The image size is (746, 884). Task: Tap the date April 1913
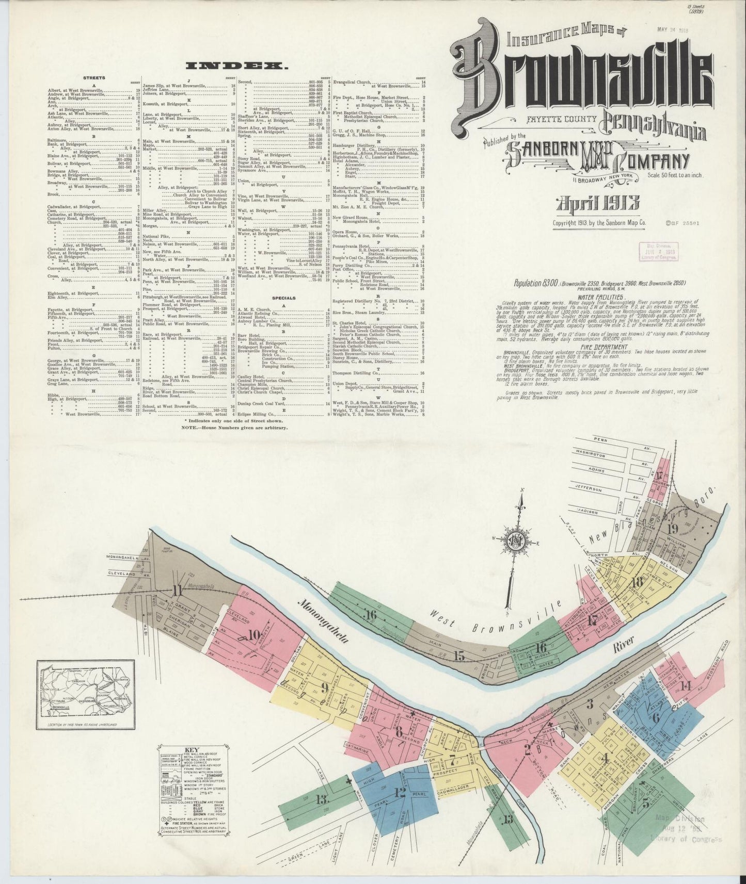point(598,203)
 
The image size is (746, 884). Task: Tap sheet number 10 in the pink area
point(254,635)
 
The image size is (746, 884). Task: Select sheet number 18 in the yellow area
point(637,581)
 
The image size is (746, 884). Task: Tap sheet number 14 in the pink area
point(686,685)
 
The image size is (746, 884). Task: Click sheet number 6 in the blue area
point(656,717)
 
